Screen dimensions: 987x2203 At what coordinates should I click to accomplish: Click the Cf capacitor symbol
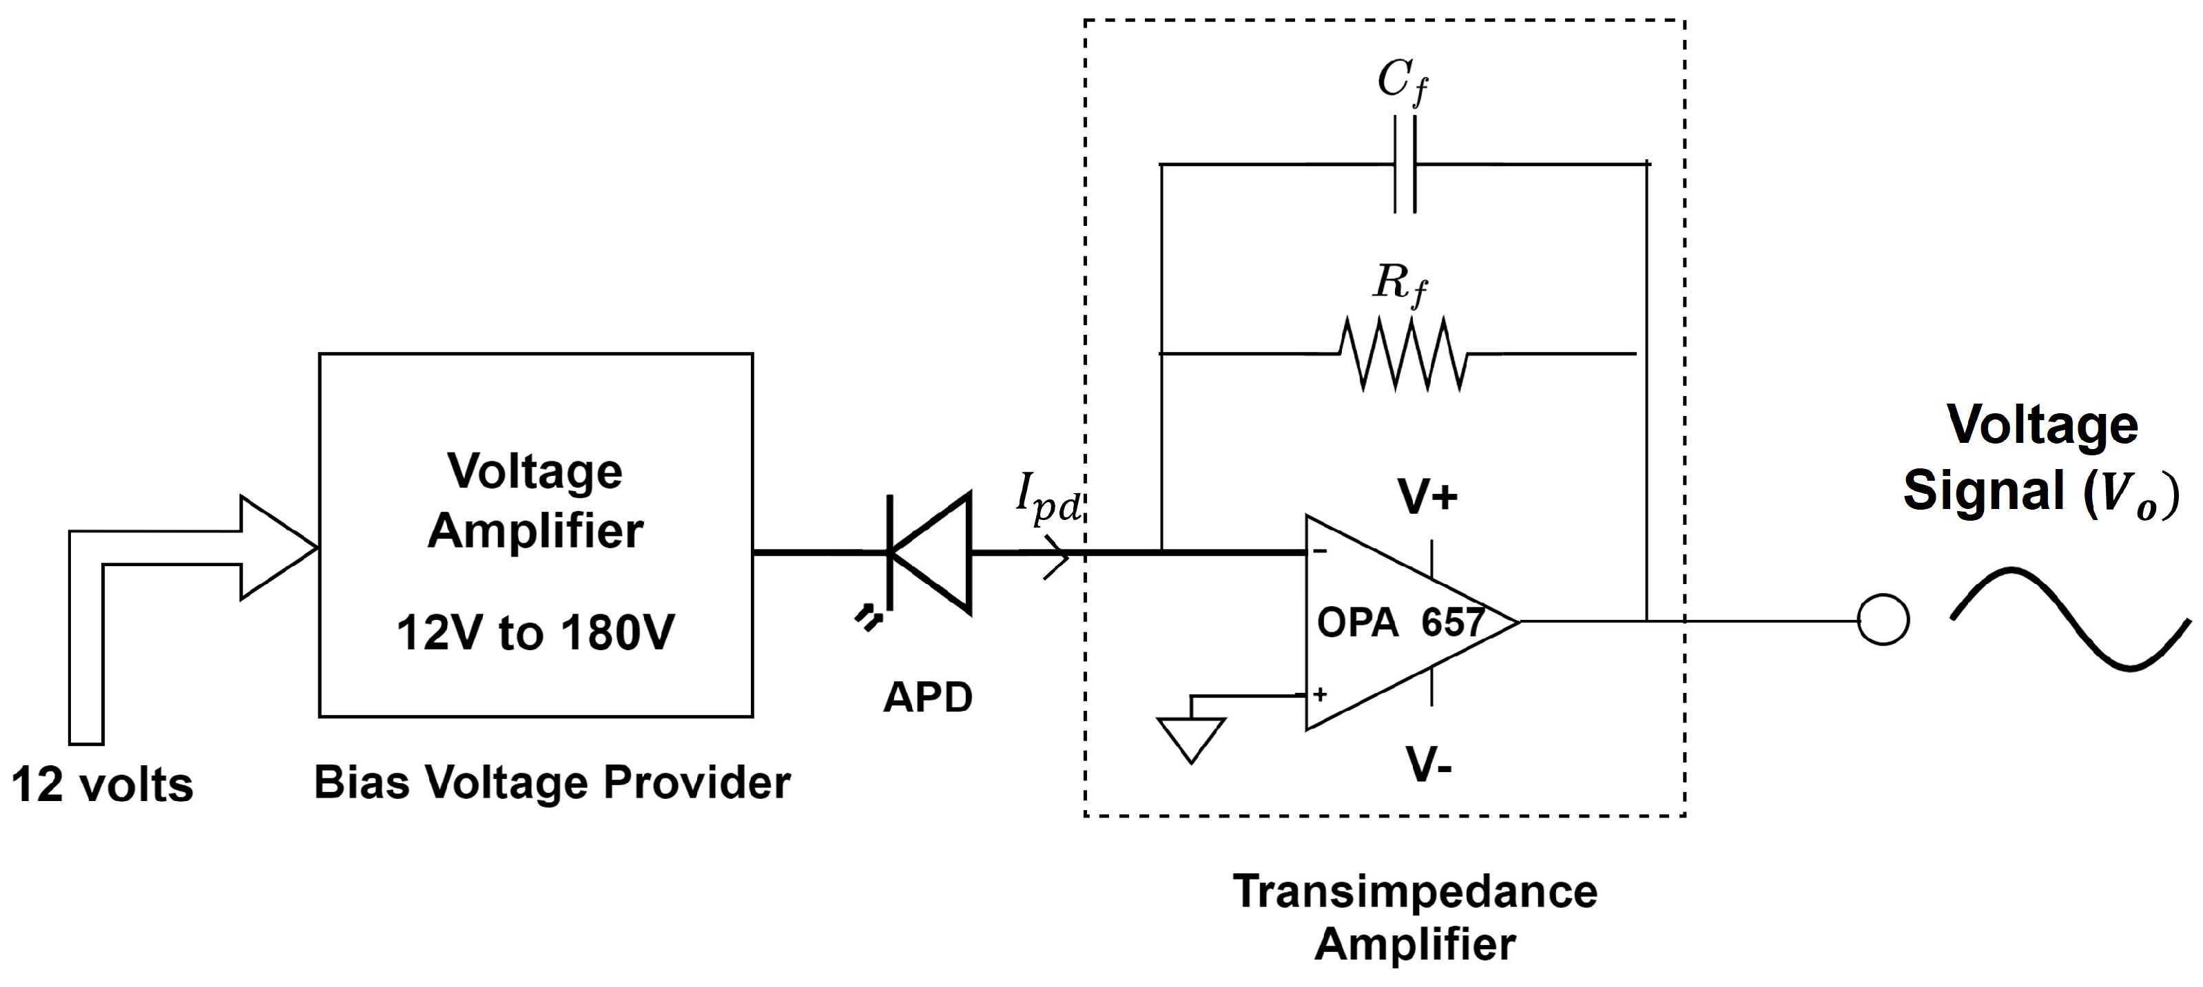pos(1404,164)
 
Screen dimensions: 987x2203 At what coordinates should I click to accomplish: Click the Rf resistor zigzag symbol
pos(1403,353)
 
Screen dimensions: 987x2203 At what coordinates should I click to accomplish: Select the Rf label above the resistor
pos(1400,283)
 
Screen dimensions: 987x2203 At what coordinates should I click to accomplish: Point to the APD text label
pos(928,697)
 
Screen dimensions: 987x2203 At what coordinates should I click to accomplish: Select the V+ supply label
pos(1427,497)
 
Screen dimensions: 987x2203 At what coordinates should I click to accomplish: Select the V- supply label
pos(1429,765)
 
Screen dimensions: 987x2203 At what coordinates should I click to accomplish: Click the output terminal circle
pos(1883,620)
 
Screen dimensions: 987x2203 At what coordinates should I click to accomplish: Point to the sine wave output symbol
pos(2069,618)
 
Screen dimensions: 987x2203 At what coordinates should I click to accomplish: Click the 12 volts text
pos(103,785)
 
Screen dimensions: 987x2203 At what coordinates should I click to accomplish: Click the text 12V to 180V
pos(535,634)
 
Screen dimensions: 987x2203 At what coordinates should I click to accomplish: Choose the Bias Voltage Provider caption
pos(552,782)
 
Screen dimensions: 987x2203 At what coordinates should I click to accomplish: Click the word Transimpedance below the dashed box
pos(1414,891)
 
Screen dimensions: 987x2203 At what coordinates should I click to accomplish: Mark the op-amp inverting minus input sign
pos(1321,552)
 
